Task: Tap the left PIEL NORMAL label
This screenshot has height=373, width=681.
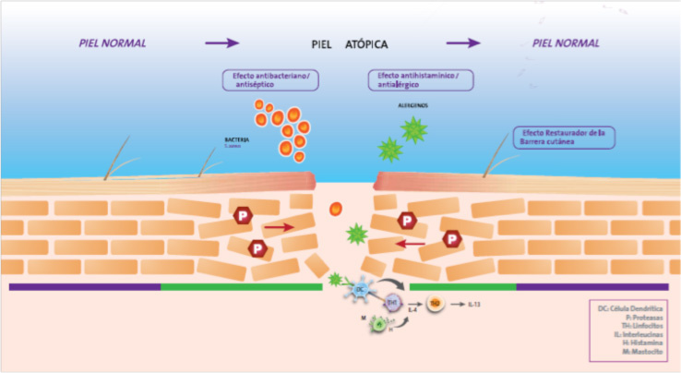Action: (x=112, y=43)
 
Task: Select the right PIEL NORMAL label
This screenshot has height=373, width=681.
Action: (x=566, y=43)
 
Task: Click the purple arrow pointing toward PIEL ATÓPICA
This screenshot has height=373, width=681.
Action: (x=221, y=43)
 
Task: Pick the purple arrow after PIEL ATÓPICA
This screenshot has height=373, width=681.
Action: (x=463, y=43)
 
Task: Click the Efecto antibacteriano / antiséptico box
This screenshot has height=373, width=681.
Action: (x=271, y=79)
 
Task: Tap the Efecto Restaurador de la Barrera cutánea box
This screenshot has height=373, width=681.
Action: (x=566, y=138)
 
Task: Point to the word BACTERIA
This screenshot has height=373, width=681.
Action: (x=238, y=140)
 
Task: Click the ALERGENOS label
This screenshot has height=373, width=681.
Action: (x=412, y=106)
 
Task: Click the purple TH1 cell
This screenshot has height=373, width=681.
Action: (x=390, y=304)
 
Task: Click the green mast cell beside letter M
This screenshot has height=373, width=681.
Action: (x=377, y=323)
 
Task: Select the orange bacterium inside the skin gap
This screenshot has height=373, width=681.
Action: (x=336, y=208)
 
